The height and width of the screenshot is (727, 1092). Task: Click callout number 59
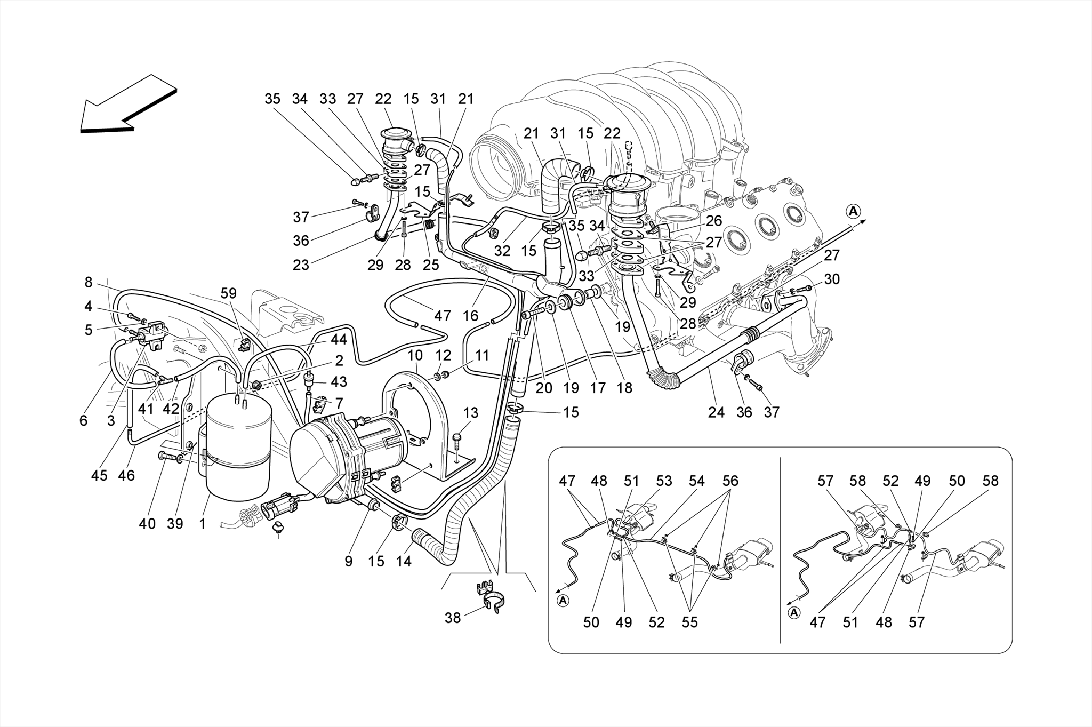[x=229, y=293]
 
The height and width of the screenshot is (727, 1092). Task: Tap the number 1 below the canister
[x=203, y=524]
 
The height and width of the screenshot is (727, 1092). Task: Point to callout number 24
[x=716, y=412]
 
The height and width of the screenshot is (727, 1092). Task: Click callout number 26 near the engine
[x=713, y=220]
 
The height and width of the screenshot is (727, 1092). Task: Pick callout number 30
[x=831, y=279]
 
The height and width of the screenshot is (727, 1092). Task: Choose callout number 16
[x=470, y=316]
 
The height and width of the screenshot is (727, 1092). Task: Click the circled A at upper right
[x=854, y=211]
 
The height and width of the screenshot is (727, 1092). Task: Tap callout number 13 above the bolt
[x=471, y=413]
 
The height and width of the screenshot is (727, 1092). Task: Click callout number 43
[x=339, y=382]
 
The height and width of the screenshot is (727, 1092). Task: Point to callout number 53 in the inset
[x=664, y=481]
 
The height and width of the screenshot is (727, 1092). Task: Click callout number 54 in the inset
[x=696, y=481]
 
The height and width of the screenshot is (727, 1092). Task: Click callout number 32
[x=502, y=251]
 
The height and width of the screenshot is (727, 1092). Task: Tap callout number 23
[x=301, y=265]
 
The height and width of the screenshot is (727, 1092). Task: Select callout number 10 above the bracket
[x=415, y=356]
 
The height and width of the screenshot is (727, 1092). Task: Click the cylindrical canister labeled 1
[x=238, y=453]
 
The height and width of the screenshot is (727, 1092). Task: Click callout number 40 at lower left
[x=147, y=524]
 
